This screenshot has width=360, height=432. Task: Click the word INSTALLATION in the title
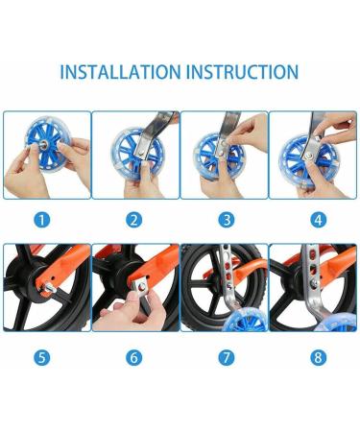[x=120, y=72]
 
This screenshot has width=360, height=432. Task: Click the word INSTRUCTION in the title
[x=243, y=72]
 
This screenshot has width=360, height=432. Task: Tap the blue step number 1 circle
[x=42, y=220]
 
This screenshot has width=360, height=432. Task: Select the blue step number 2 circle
[x=134, y=220]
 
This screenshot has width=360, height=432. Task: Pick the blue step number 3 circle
[x=227, y=220]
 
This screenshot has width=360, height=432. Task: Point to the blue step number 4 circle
[x=319, y=220]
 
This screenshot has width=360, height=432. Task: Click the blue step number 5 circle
[x=42, y=357]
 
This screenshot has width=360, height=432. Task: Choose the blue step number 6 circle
[x=134, y=357]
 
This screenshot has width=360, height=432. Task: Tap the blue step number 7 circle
[x=227, y=357]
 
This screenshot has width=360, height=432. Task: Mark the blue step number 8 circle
[x=319, y=357]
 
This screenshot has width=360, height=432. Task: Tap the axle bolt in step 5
[x=48, y=287]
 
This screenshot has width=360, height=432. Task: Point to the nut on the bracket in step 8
[x=314, y=283]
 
